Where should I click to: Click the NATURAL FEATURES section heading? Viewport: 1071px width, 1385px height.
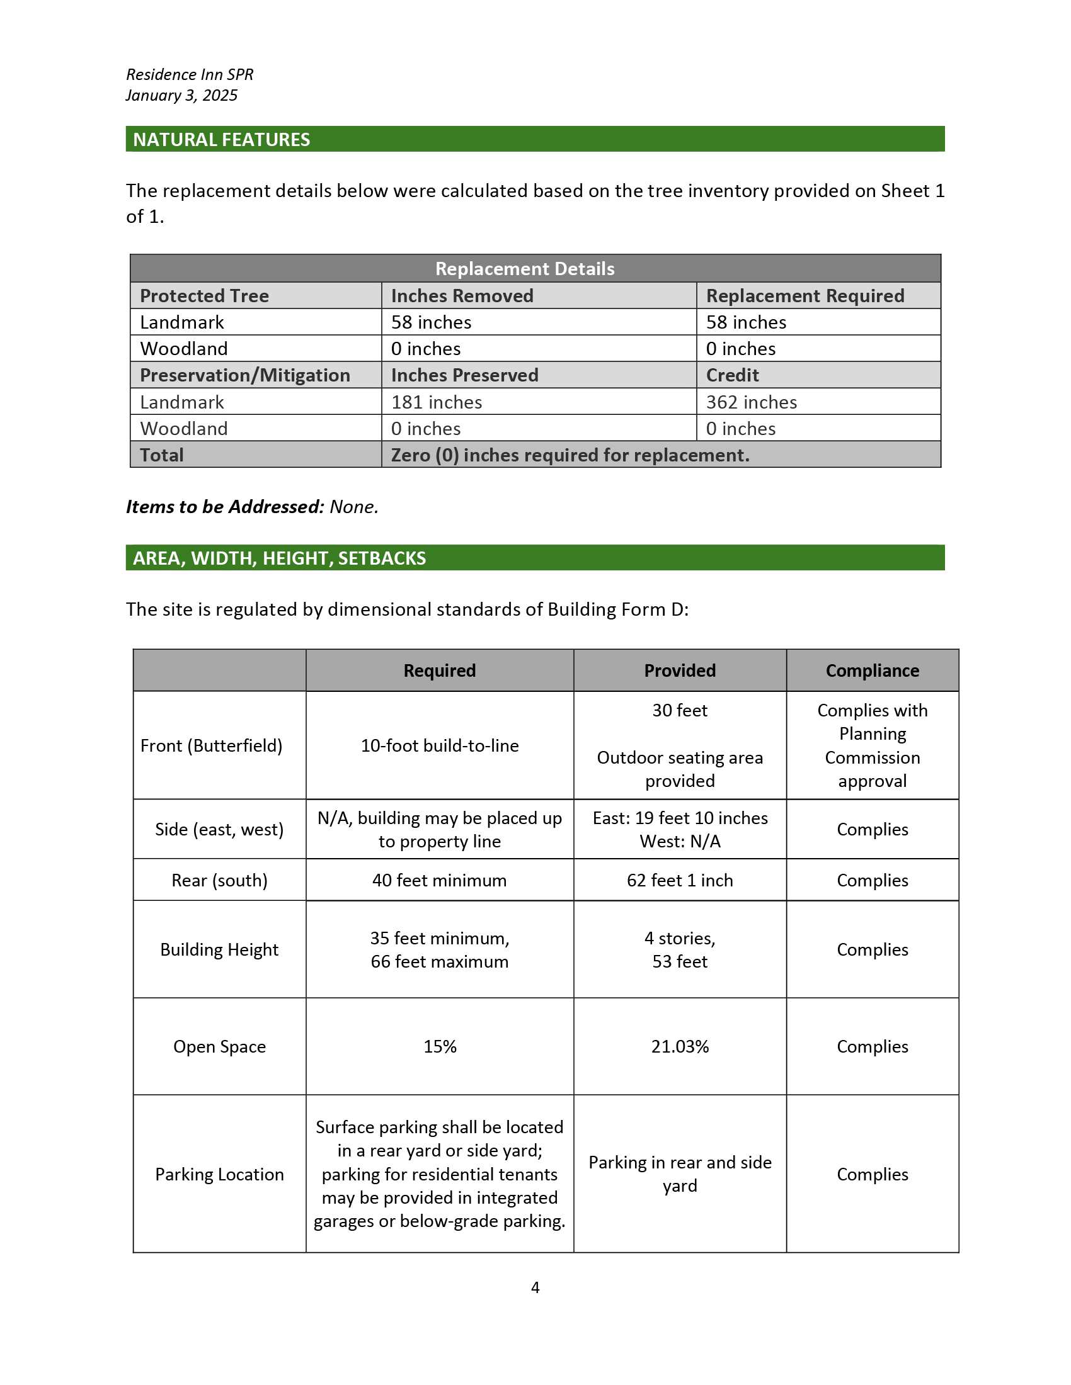click(221, 140)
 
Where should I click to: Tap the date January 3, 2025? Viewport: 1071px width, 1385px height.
click(181, 95)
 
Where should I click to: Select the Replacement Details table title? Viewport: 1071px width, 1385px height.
click(525, 269)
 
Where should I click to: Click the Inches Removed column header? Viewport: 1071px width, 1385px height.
click(462, 296)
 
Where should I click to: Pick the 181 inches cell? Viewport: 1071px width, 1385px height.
click(437, 402)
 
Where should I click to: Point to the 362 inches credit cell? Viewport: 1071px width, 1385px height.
click(751, 402)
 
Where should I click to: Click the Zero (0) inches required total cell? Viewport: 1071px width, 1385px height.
click(570, 455)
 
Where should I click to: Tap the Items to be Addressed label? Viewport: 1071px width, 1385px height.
click(226, 507)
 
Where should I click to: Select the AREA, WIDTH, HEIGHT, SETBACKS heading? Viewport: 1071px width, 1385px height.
click(279, 558)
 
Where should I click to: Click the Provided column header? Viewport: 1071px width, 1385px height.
click(680, 671)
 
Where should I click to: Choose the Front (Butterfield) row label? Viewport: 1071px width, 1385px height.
click(211, 746)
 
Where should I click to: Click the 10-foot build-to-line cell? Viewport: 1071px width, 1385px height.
click(440, 746)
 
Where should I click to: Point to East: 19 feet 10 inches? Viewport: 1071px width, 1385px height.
click(680, 818)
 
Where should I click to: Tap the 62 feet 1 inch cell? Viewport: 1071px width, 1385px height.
click(680, 880)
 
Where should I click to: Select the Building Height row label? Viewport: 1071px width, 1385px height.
click(219, 949)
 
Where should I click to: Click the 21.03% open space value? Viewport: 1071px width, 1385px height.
click(680, 1046)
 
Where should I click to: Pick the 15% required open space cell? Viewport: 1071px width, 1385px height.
click(440, 1046)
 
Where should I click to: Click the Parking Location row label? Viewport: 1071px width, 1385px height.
click(219, 1175)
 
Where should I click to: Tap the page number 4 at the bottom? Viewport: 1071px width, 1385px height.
click(535, 1287)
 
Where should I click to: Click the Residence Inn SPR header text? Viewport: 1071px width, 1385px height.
click(190, 74)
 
